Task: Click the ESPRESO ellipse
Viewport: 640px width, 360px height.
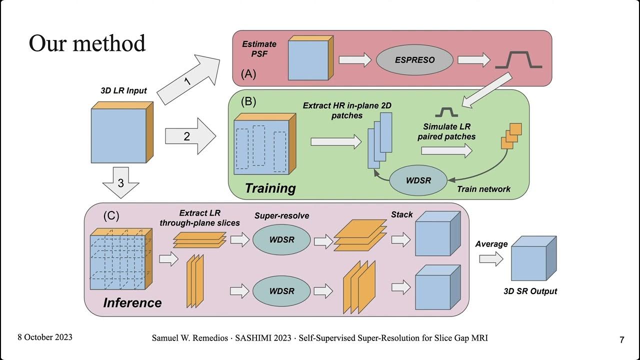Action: point(414,60)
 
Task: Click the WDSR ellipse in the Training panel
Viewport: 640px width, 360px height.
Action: point(418,180)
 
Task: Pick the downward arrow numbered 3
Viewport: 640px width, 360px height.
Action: point(120,182)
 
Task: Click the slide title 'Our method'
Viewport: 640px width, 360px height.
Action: point(87,43)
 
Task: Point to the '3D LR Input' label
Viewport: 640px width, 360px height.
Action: point(123,90)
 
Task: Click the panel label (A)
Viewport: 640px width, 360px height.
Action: point(248,74)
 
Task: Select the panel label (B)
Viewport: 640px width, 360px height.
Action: point(248,101)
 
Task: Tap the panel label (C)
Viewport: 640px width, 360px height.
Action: point(111,216)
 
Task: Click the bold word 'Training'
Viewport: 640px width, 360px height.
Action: point(270,188)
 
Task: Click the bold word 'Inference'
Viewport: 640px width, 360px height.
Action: point(132,303)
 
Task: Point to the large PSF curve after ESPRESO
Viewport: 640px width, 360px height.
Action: point(518,60)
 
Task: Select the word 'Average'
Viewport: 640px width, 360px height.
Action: point(491,244)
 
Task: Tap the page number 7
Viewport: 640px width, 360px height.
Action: point(621,340)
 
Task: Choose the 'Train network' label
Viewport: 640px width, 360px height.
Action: point(483,189)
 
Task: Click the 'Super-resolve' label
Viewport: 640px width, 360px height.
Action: point(281,216)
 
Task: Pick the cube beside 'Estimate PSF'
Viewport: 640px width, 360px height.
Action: point(308,59)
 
